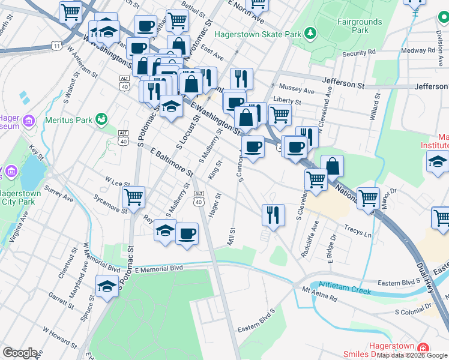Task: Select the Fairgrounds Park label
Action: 359,25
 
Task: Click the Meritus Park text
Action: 69,120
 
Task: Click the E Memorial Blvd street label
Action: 158,269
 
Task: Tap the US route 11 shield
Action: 56,46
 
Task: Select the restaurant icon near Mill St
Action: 273,215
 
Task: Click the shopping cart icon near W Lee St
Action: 133,196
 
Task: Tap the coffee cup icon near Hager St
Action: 187,232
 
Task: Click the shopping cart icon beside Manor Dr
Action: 367,197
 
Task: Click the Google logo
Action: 20,353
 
